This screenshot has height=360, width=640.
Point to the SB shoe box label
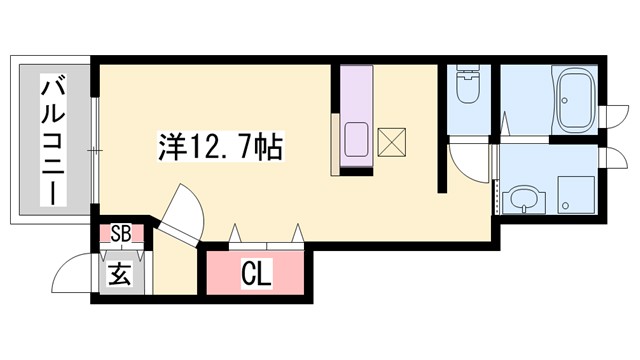(x=121, y=235)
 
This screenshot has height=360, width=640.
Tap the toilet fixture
(x=467, y=88)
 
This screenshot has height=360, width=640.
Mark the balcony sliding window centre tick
(x=93, y=150)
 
